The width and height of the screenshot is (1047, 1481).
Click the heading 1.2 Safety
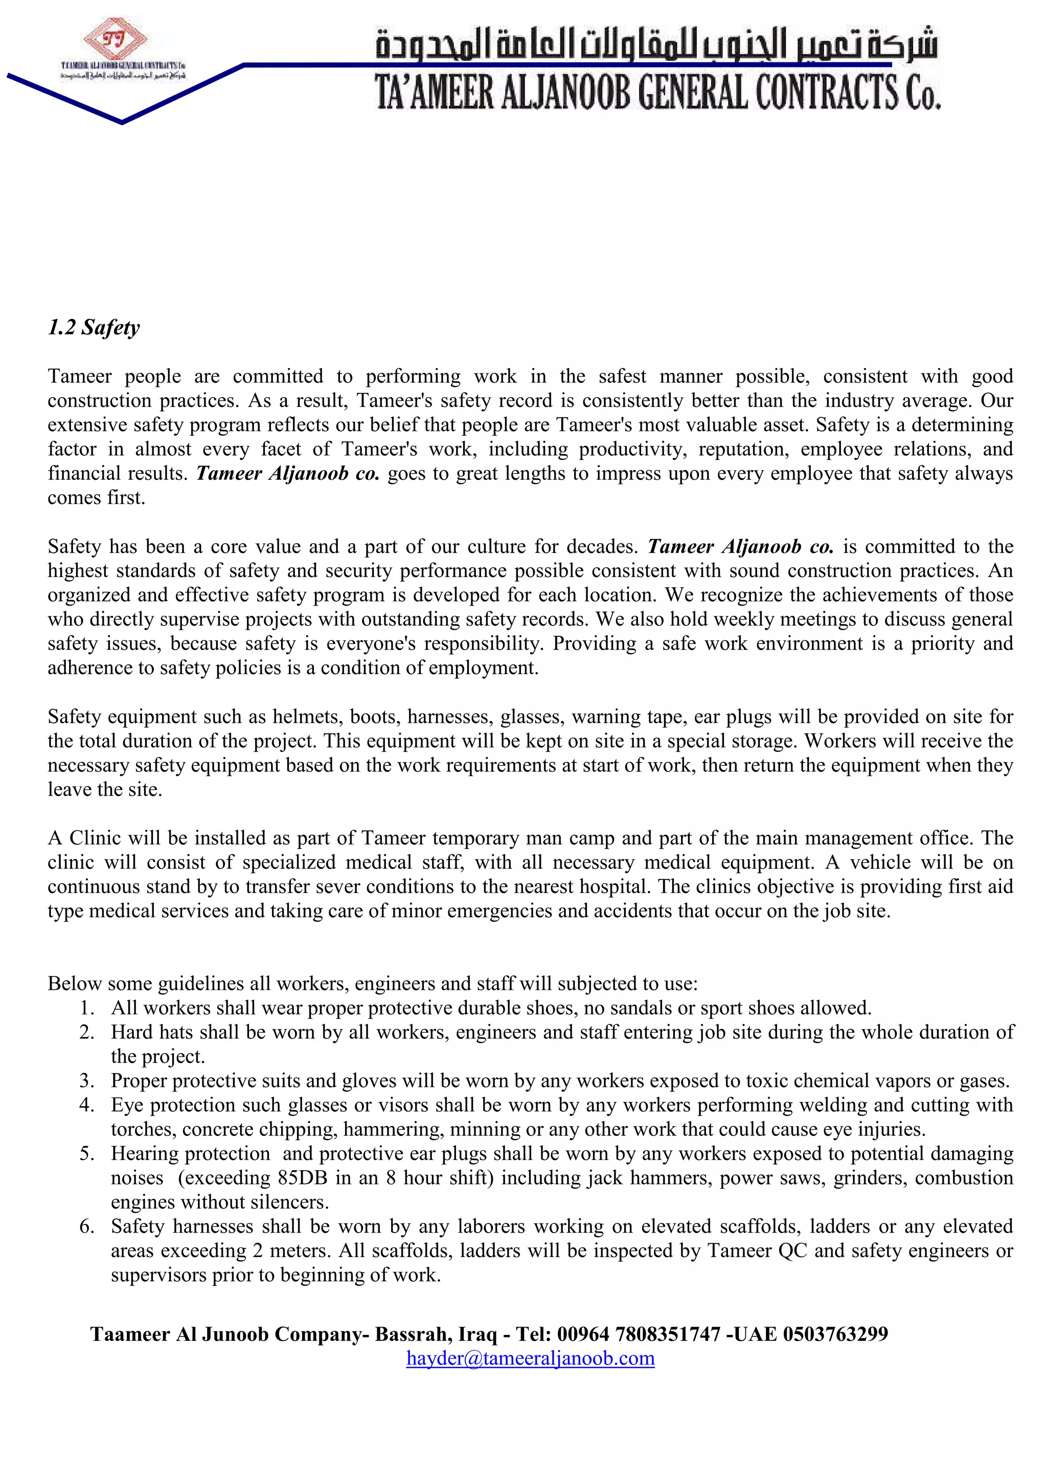pos(94,328)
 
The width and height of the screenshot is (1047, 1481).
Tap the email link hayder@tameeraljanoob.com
pos(530,1358)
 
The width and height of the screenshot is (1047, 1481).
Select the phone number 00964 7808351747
pos(639,1333)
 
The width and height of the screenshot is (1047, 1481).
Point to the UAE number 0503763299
pos(835,1333)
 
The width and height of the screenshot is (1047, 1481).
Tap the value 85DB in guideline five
pos(303,1178)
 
